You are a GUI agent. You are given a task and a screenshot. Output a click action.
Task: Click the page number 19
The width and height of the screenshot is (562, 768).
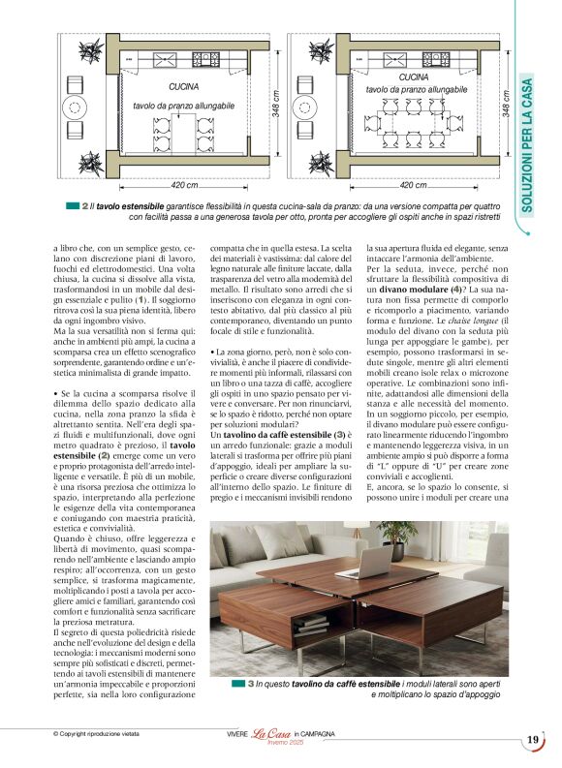(x=533, y=740)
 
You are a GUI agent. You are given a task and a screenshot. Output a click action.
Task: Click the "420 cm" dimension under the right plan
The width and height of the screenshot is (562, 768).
(x=414, y=184)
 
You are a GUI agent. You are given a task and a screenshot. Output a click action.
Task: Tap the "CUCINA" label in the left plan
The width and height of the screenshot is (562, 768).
(x=183, y=86)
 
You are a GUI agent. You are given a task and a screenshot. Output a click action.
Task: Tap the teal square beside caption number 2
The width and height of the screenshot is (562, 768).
(x=71, y=205)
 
